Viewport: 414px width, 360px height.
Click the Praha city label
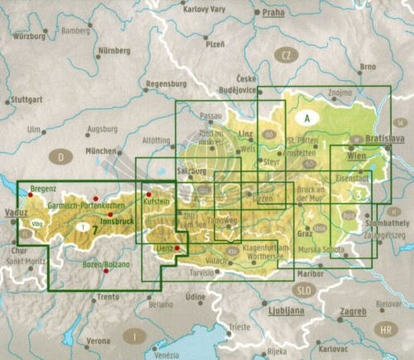point(272,13)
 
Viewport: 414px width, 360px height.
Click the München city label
point(101,151)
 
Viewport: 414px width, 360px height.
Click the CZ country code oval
point(287,55)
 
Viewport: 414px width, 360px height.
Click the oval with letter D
point(60,156)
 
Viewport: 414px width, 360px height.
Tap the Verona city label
point(99,341)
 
